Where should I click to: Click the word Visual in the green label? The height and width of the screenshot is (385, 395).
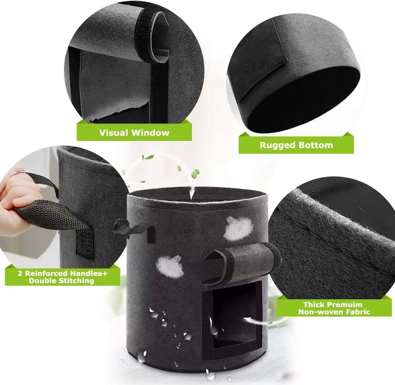point(114,133)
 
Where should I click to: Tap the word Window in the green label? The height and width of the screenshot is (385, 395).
point(150,133)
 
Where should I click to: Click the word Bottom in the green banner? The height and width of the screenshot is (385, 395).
point(316,145)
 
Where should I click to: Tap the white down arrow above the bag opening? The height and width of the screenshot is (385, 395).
point(192,193)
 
